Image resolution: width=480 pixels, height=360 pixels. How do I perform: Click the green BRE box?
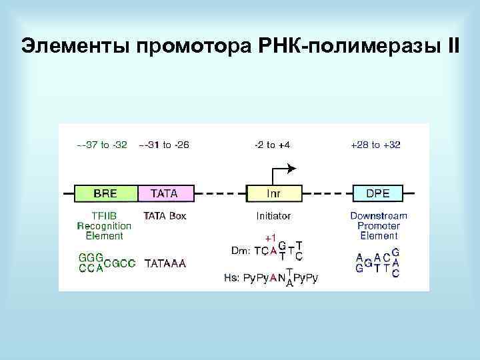pos(105,193)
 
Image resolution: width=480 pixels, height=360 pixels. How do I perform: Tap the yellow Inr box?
pos(273,193)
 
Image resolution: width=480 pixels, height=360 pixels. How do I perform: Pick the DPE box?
pos(379,193)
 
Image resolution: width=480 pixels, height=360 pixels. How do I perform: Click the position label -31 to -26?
pos(164,145)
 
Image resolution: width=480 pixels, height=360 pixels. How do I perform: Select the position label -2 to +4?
pos(272,145)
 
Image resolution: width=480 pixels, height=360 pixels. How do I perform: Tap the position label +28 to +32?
pos(376,145)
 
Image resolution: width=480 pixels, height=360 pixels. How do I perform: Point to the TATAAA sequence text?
pos(165,263)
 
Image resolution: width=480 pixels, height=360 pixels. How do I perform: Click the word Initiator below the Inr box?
pos(273,215)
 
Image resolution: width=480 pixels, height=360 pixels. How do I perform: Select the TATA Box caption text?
pos(165,215)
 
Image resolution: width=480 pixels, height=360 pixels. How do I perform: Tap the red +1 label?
pos(270,237)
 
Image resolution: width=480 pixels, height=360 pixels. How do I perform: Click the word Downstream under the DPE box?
pos(379,215)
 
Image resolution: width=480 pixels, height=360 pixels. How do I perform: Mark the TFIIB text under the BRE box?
pos(105,215)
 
